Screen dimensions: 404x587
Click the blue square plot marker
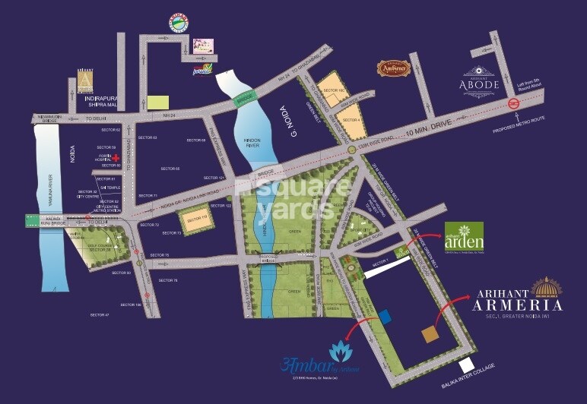(x=386, y=316)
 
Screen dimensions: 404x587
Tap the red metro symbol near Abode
(x=514, y=105)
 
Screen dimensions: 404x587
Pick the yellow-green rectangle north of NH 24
(x=158, y=102)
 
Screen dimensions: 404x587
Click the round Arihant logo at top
(x=177, y=23)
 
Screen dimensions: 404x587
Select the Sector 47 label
(x=100, y=314)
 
